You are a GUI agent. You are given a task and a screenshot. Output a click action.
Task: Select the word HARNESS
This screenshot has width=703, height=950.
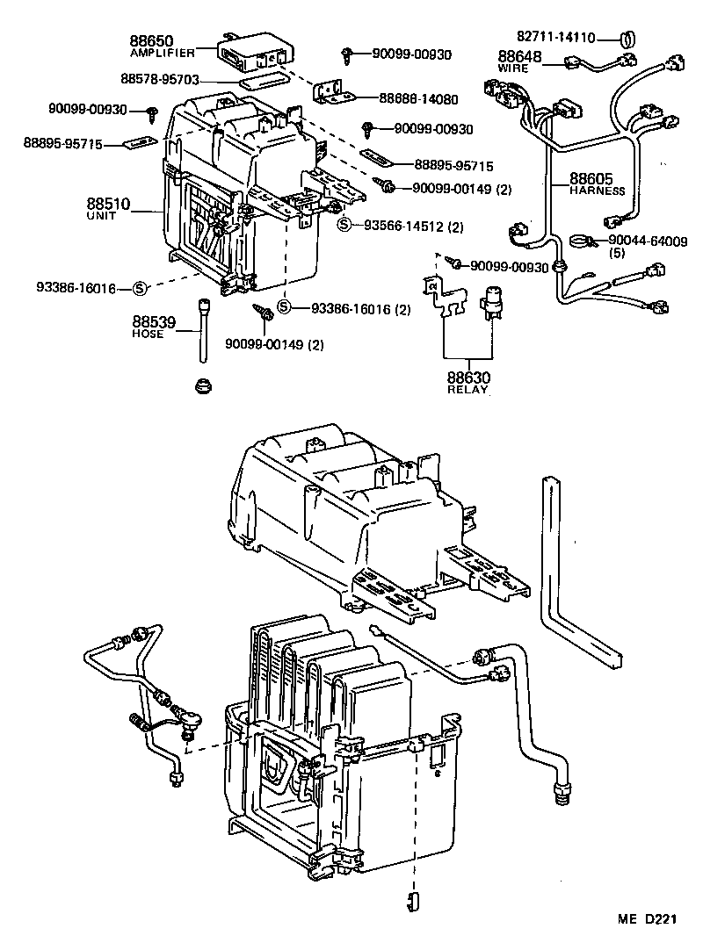(597, 191)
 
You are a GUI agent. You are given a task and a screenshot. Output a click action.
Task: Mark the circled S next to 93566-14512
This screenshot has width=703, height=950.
(345, 226)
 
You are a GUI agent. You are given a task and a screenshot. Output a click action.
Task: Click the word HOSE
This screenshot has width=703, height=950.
(148, 335)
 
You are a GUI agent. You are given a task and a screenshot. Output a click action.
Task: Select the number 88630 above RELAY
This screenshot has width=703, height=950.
(468, 378)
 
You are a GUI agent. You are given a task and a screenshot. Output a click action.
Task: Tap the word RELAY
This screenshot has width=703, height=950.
(468, 390)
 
